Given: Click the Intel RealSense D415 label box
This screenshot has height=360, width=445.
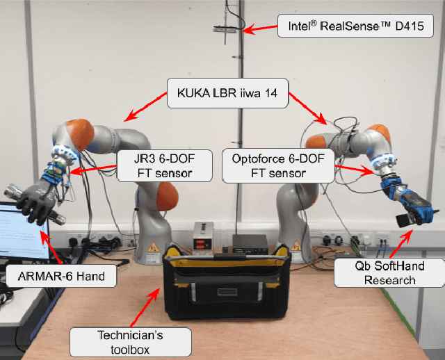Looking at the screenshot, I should (x=355, y=27).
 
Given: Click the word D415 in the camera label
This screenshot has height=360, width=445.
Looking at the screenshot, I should (x=415, y=28).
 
